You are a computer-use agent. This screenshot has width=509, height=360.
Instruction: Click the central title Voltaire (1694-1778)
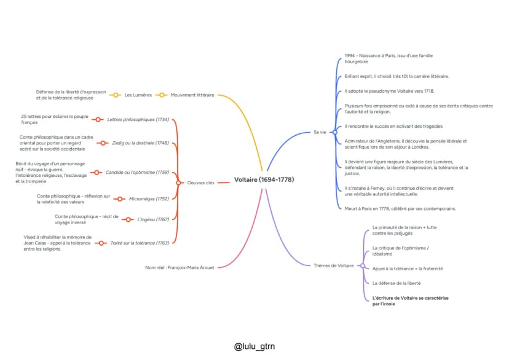click(264, 179)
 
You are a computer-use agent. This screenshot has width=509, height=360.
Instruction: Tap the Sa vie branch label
click(320, 132)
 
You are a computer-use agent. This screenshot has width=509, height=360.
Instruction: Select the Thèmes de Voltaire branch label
click(333, 265)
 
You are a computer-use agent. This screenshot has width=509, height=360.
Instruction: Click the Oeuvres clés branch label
click(200, 183)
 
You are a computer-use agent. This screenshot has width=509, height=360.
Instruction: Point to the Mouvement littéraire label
click(192, 95)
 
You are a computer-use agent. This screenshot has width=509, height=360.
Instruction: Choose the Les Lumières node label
click(138, 95)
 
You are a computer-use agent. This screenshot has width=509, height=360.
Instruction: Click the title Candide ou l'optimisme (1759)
click(137, 173)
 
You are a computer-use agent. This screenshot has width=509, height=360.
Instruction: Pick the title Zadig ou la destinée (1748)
click(141, 143)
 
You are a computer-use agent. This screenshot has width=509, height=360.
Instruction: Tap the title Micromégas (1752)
click(149, 199)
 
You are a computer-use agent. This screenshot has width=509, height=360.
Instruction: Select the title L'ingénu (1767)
click(153, 219)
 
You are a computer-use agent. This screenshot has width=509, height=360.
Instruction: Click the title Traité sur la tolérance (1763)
click(140, 243)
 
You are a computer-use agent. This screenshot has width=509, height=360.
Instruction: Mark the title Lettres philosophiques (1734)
click(138, 120)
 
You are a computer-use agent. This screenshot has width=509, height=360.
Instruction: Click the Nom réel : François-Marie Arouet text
click(180, 268)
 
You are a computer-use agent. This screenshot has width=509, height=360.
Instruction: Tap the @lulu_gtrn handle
click(254, 346)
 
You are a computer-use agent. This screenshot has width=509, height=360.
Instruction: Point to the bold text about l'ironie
click(410, 301)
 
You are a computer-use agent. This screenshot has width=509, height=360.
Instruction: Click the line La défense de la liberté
click(397, 283)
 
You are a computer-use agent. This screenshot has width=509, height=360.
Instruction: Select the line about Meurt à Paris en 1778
click(400, 209)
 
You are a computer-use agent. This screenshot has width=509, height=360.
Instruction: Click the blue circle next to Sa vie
click(335, 132)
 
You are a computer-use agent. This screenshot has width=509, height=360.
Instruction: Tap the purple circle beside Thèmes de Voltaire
click(363, 266)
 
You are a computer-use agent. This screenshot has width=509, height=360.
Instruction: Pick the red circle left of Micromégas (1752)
click(120, 199)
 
